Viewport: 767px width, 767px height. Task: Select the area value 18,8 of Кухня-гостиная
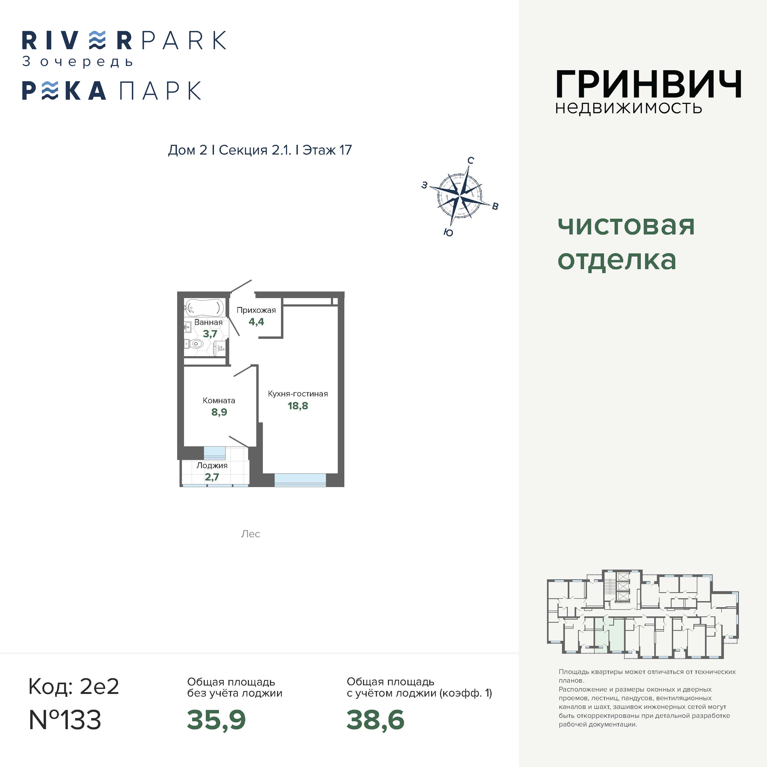click(x=298, y=406)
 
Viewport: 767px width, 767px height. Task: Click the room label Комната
click(x=219, y=401)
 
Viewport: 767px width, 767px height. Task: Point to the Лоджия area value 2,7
click(x=212, y=477)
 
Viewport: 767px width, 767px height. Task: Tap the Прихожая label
click(x=256, y=310)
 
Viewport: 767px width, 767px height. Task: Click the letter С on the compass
click(x=471, y=160)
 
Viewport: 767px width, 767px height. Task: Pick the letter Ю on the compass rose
click(x=448, y=233)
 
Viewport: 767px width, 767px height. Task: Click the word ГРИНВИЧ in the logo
click(x=648, y=84)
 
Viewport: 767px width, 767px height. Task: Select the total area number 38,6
click(x=375, y=720)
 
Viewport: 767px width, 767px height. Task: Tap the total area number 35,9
click(x=216, y=720)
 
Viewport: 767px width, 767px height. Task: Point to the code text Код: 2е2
click(x=74, y=686)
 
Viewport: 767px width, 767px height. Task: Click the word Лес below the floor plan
click(x=250, y=534)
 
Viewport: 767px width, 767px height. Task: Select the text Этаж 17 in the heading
click(x=327, y=150)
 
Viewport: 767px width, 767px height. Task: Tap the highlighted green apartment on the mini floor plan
click(x=609, y=635)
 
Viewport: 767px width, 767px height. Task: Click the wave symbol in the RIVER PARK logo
click(x=97, y=40)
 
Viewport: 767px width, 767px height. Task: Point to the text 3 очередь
click(x=78, y=62)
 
